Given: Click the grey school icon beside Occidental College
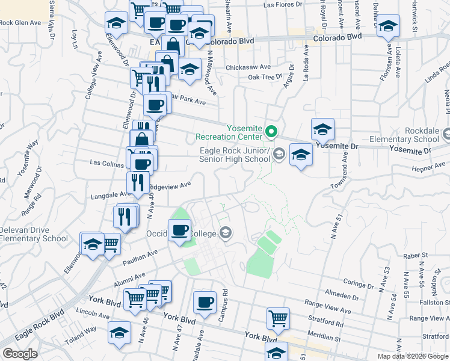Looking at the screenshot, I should point(226,233).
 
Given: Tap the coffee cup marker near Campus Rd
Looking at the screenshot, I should point(205,302).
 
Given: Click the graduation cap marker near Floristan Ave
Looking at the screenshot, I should point(388,26).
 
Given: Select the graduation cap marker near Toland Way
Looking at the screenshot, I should point(119,332).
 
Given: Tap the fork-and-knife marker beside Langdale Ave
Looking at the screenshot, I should point(138,182).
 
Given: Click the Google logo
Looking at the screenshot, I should point(19,354).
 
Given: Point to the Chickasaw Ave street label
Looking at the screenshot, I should point(248,67).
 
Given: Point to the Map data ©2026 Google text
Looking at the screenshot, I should point(413,356).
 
